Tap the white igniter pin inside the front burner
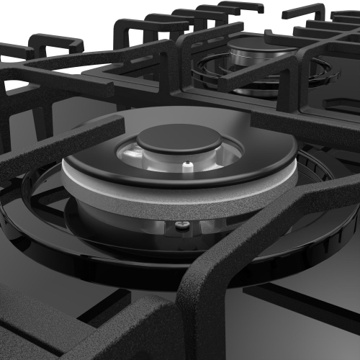189,168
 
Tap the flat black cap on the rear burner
259,45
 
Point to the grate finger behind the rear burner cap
238,29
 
